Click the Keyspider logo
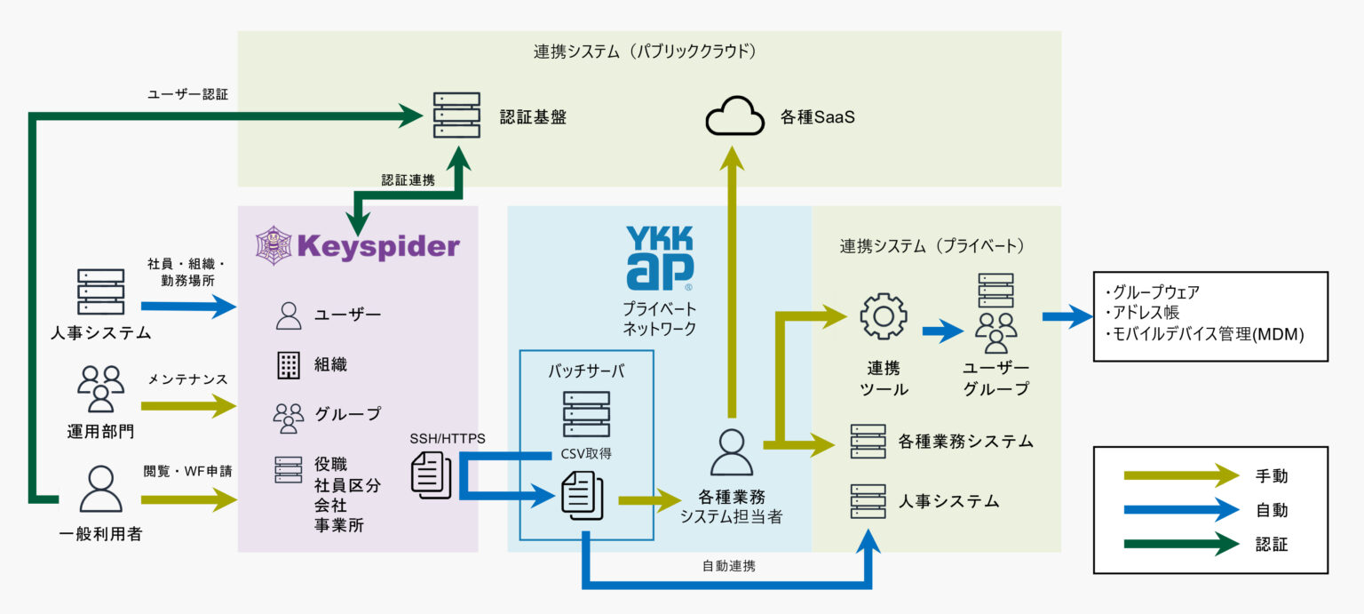pos(357,245)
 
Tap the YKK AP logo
pos(660,258)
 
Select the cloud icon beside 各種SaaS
pos(735,116)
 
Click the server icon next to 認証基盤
pos(456,116)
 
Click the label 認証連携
pos(408,180)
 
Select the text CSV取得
pos(586,453)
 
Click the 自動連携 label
pos(728,565)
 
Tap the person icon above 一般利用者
pos(100,489)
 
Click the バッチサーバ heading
pos(586,371)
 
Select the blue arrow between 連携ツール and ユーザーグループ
pos(942,332)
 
